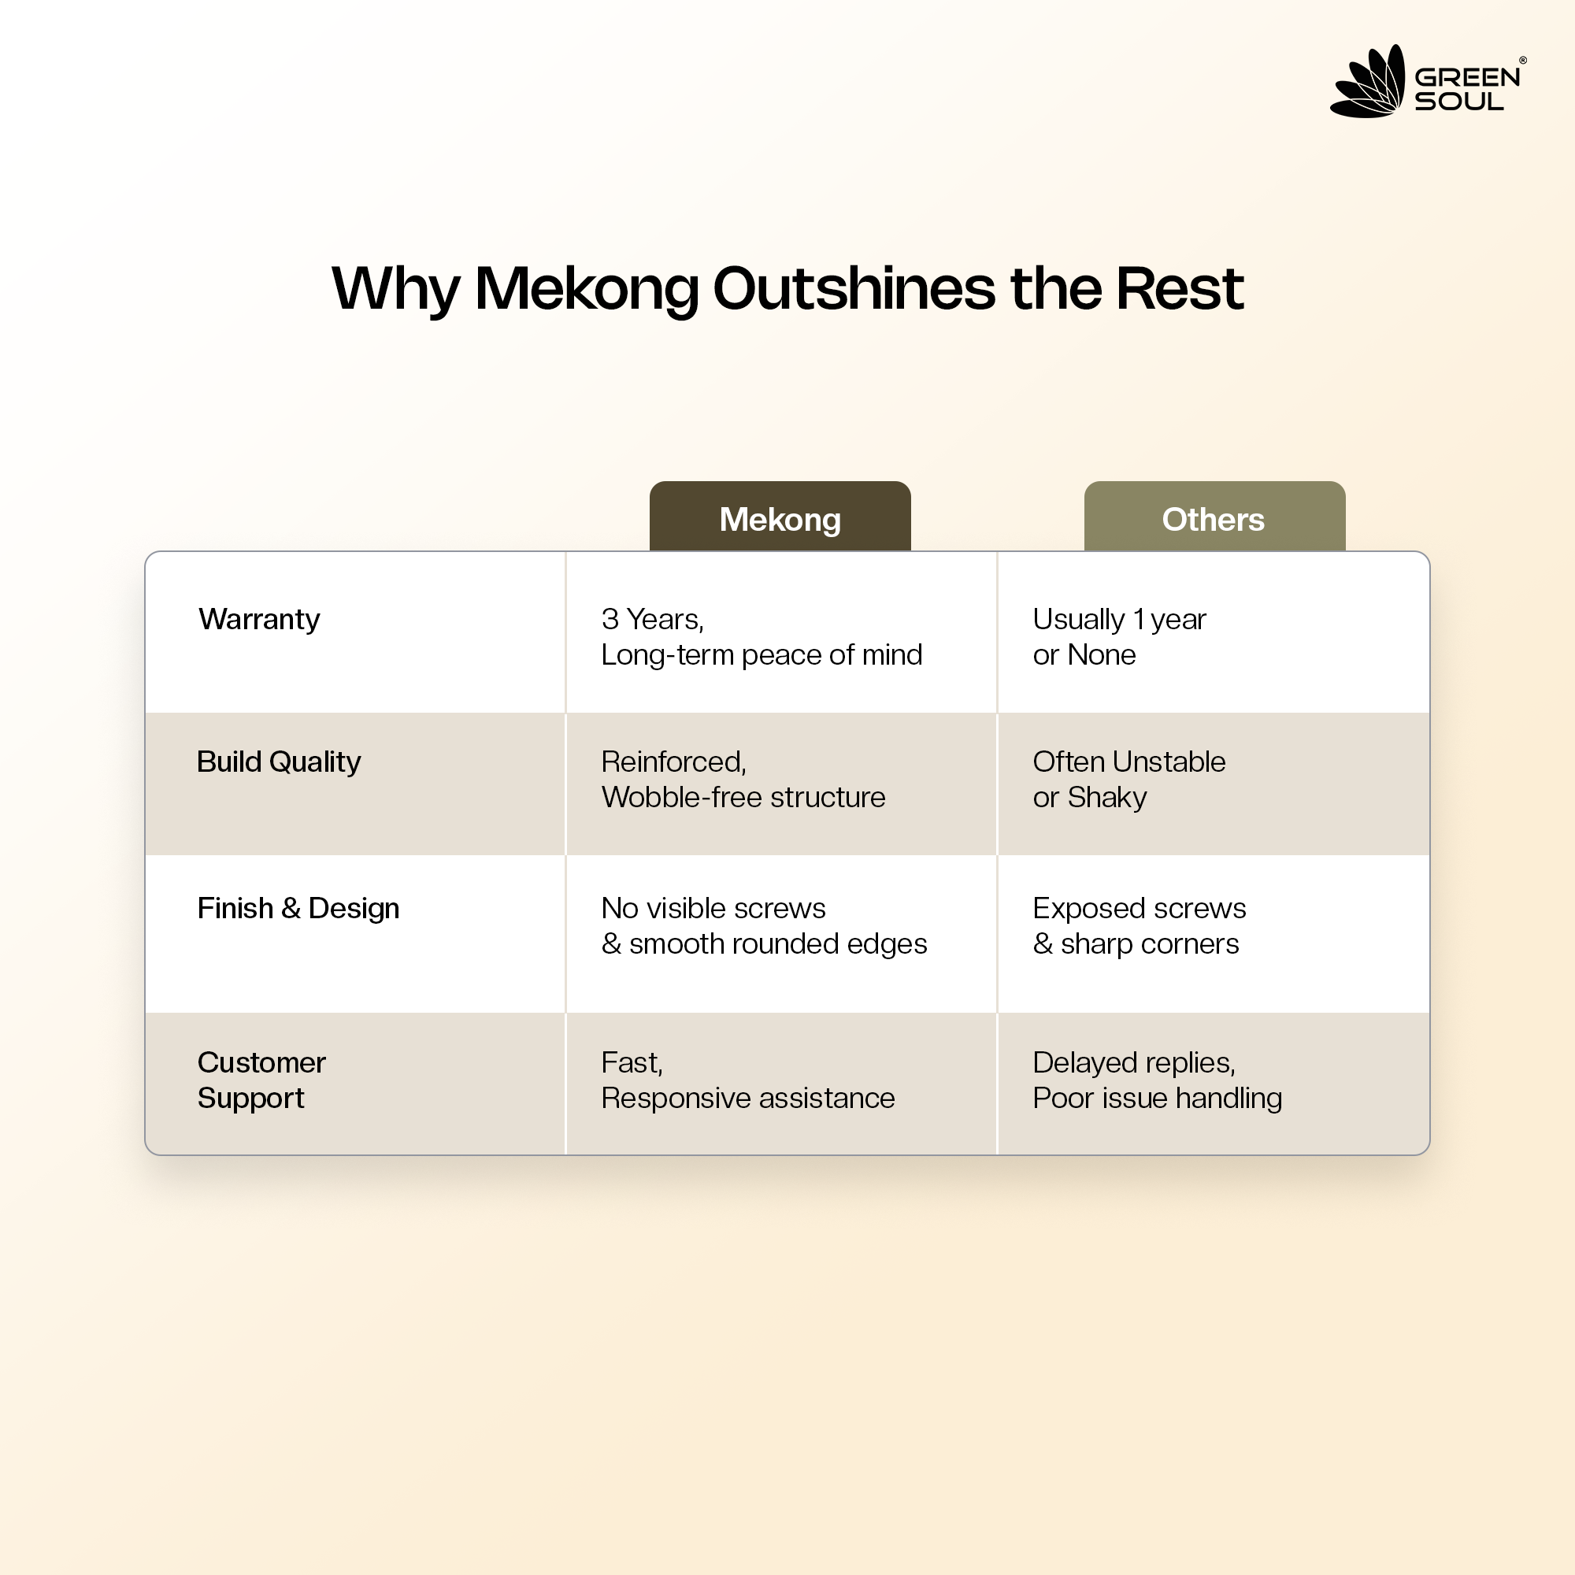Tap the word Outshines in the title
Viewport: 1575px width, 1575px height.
click(x=854, y=288)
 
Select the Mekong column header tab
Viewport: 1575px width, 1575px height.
click(x=780, y=516)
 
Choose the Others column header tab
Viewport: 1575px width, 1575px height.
click(x=1214, y=516)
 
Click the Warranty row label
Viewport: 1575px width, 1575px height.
click(x=259, y=620)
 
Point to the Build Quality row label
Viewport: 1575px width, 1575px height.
click(x=279, y=762)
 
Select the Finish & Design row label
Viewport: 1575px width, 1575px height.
click(x=298, y=908)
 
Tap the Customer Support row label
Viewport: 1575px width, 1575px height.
click(x=261, y=1080)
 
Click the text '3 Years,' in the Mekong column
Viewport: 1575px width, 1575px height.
click(x=653, y=620)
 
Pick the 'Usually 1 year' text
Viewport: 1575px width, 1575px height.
click(x=1119, y=620)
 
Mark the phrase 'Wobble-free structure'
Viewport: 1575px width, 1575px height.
click(x=743, y=797)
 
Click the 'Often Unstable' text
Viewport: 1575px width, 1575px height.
click(x=1129, y=762)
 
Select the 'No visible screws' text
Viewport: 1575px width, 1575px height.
click(x=713, y=908)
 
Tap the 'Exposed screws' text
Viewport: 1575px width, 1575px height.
click(x=1140, y=909)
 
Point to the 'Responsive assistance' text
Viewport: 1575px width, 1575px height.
click(x=748, y=1099)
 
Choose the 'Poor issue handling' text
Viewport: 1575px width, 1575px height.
click(x=1158, y=1099)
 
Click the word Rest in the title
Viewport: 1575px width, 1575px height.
click(x=1180, y=288)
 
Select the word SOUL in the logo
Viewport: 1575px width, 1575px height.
click(x=1459, y=102)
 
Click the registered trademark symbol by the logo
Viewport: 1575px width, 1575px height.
click(x=1523, y=61)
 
